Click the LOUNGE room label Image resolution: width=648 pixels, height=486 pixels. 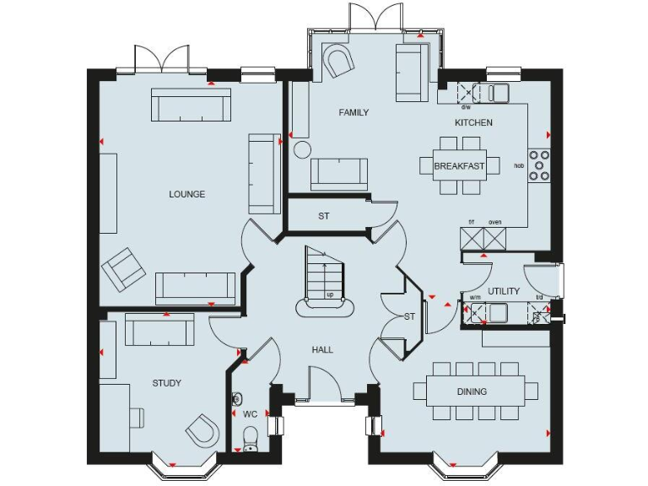(x=186, y=194)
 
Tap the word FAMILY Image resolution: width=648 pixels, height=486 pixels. (x=354, y=112)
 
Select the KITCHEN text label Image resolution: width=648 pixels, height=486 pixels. (x=473, y=122)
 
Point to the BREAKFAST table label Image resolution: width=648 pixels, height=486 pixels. (x=459, y=166)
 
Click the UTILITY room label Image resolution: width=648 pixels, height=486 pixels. (x=504, y=291)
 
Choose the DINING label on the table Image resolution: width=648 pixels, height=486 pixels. (x=472, y=391)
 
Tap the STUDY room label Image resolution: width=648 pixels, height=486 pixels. (x=167, y=383)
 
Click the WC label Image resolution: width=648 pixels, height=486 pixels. (x=250, y=414)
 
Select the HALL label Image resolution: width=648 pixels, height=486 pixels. (x=321, y=349)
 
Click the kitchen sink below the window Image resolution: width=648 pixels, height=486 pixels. (x=496, y=92)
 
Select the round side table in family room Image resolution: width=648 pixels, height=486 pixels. (x=301, y=150)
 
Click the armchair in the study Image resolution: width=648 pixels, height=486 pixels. (x=202, y=431)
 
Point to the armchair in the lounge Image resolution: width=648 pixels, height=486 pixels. (x=122, y=268)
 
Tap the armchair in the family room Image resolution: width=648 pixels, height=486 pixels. (x=341, y=62)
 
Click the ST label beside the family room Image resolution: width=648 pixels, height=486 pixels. (x=323, y=216)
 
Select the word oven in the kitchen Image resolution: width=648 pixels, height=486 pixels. (x=495, y=222)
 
